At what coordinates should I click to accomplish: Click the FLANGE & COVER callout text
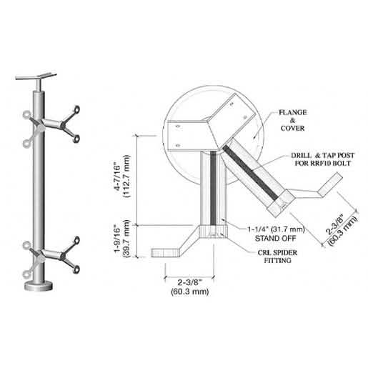coord(293,120)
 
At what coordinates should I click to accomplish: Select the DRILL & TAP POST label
coord(322,156)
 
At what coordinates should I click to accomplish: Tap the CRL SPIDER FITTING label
coord(277,257)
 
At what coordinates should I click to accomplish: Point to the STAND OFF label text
coord(275,238)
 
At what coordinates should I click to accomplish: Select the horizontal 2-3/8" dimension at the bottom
coord(189,287)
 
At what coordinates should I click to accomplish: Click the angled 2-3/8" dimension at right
coord(341,231)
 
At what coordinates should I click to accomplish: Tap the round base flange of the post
coord(39,286)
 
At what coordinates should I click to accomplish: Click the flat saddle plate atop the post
coord(36,76)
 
